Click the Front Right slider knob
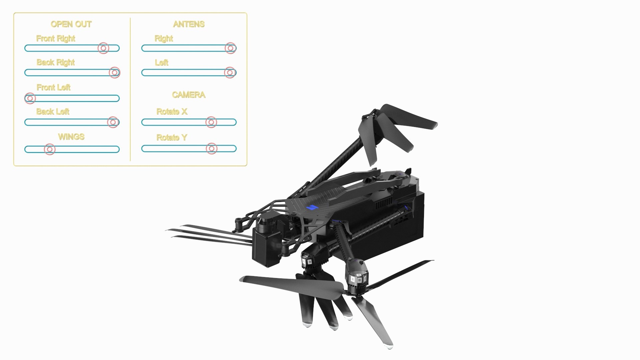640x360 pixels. (x=103, y=48)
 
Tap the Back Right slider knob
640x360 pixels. (x=114, y=72)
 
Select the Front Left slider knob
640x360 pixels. (x=30, y=98)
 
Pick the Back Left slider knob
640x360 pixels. (x=113, y=122)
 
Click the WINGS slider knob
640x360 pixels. (x=50, y=149)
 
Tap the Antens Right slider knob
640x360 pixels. (x=230, y=48)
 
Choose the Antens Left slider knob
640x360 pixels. (x=230, y=72)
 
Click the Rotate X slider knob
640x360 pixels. (x=211, y=122)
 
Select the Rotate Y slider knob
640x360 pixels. (x=212, y=148)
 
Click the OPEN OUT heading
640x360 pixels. (x=71, y=24)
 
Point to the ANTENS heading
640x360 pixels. (x=189, y=24)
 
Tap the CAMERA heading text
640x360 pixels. (x=189, y=95)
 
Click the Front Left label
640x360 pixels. (x=53, y=87)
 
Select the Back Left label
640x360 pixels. (x=53, y=112)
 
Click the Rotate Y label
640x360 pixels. (x=172, y=137)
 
